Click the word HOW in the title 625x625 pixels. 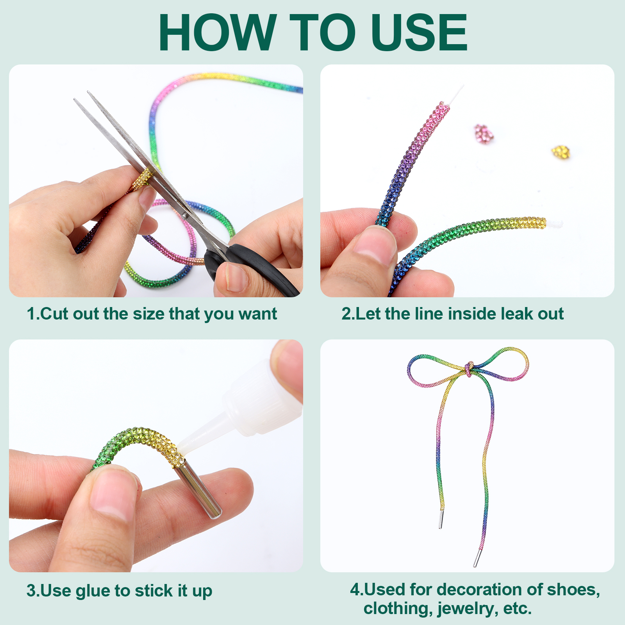click(218, 32)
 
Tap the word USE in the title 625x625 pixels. click(419, 32)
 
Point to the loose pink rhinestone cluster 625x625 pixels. click(484, 134)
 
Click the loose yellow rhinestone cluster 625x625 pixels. click(561, 152)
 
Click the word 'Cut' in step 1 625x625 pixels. click(55, 314)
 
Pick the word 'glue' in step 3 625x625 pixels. click(93, 591)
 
